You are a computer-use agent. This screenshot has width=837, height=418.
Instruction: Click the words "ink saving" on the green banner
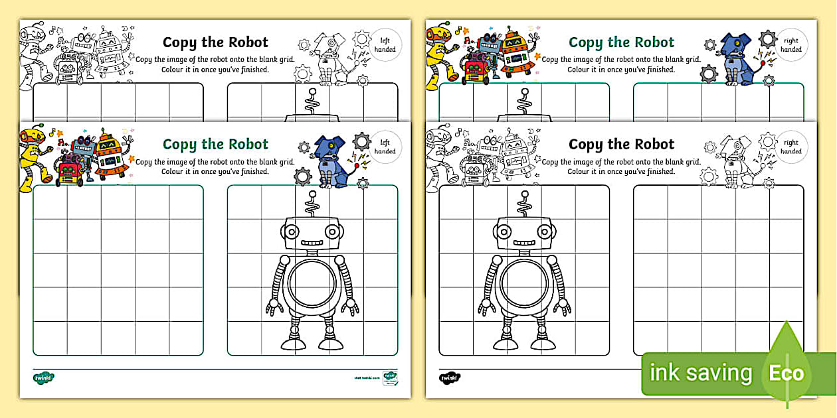(700, 373)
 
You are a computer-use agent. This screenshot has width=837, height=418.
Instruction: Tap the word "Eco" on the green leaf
(786, 373)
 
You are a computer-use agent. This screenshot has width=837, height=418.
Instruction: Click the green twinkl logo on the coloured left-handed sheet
(43, 378)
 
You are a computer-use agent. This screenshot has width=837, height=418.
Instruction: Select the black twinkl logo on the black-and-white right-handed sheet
(449, 378)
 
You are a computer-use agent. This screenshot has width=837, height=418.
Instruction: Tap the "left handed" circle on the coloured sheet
(385, 147)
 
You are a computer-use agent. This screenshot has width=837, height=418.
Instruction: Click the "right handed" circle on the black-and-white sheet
(790, 147)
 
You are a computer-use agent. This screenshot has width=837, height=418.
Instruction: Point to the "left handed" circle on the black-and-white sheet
(385, 45)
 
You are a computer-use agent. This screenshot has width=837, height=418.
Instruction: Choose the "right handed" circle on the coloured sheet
(790, 45)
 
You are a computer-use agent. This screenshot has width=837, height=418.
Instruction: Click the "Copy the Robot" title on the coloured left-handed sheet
(215, 144)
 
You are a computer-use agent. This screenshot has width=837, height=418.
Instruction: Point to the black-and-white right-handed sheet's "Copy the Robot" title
(621, 144)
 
